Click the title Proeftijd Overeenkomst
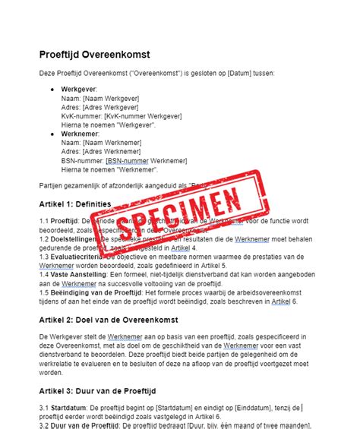95,55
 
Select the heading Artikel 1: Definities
74,204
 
